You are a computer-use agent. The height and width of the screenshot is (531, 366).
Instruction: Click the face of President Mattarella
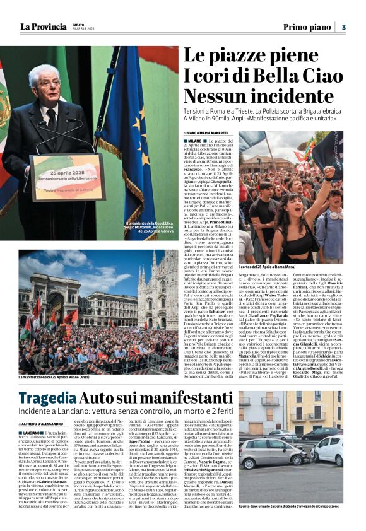(44, 85)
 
